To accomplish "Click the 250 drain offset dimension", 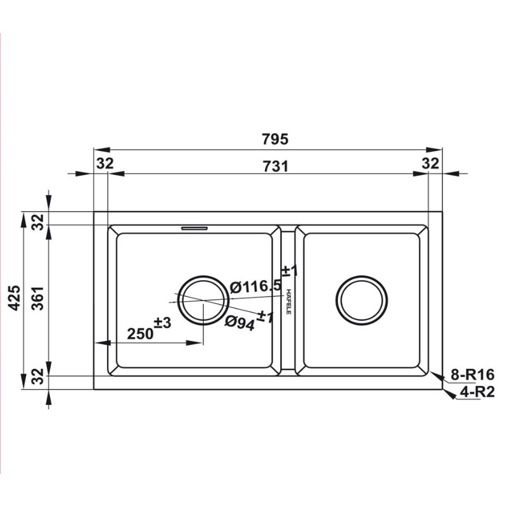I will pos(141,333).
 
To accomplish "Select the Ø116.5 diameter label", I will pos(257,287).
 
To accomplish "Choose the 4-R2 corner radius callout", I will pos(477,392).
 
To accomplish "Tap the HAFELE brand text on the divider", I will pos(288,302).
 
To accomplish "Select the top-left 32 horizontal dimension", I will pos(105,164).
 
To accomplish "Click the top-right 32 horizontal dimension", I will pos(430,164).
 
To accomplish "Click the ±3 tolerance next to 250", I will pos(163,323).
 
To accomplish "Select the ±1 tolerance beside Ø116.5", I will pos(288,271).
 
